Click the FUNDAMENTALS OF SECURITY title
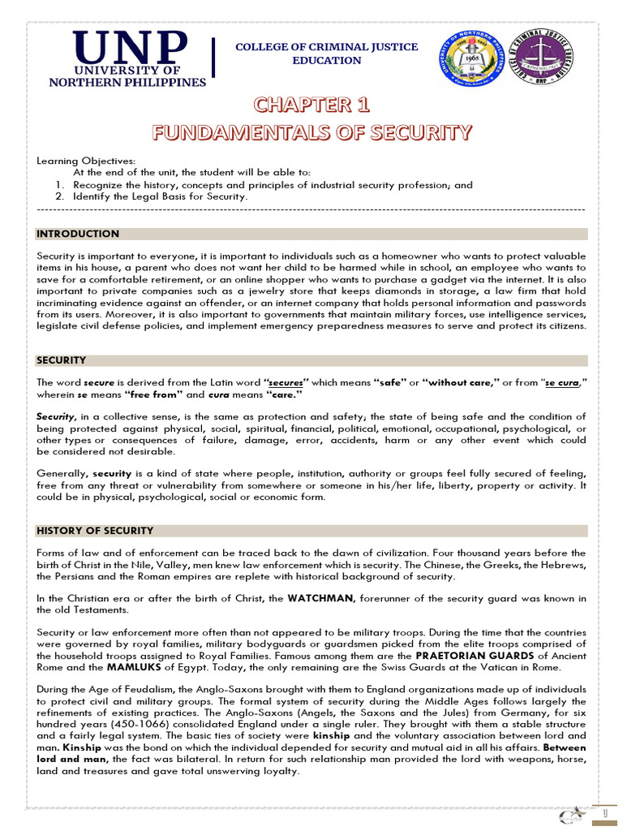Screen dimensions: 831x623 pos(312,131)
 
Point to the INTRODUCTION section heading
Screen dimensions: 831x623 pos(78,234)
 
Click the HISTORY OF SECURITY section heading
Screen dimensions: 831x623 pos(95,531)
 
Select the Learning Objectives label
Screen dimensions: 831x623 pos(86,161)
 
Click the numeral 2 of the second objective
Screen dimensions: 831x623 pos(59,196)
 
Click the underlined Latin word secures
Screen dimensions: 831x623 pos(286,382)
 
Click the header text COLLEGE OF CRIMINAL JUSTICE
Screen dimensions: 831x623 pos(327,47)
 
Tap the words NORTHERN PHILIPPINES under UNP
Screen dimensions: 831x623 pos(128,82)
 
